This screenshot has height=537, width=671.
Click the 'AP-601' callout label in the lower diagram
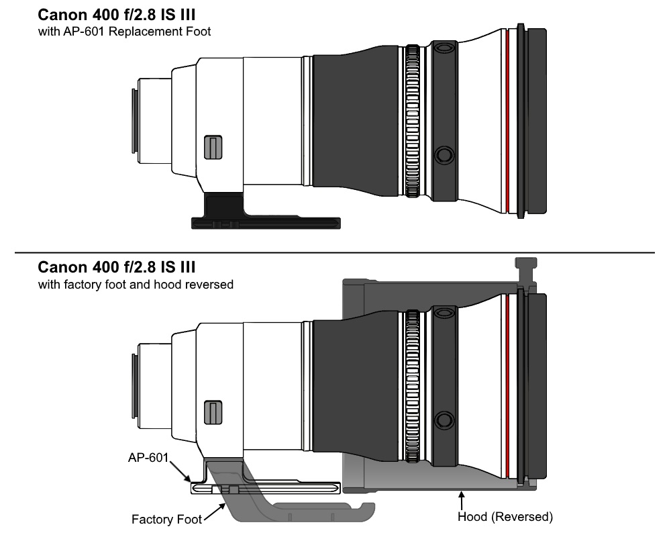coord(148,458)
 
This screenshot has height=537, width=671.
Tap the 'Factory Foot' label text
coord(166,520)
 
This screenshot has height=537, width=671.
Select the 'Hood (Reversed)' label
coord(505,517)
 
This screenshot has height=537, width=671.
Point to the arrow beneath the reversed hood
coord(462,500)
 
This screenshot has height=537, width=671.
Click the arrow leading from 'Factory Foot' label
coord(215,512)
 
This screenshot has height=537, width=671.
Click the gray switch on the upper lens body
coord(213,147)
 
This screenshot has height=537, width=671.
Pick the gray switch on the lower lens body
coord(213,412)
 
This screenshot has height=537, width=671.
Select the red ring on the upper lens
coord(507,121)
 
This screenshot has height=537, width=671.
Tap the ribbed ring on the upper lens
coord(412,121)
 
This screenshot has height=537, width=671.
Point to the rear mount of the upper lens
coord(134,121)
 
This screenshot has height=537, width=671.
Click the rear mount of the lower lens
coord(134,386)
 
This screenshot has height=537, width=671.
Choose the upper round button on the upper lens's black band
coord(444,47)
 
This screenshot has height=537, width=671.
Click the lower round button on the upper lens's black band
coord(444,155)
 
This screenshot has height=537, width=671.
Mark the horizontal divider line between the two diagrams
coord(335,252)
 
